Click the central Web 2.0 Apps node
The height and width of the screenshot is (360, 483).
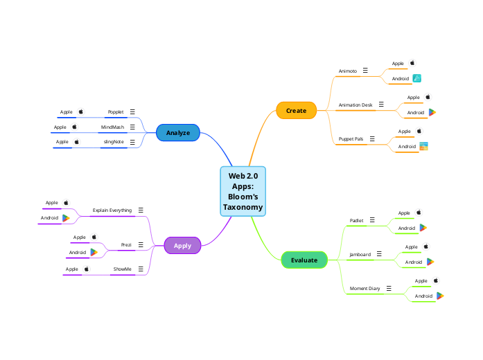tap(243, 191)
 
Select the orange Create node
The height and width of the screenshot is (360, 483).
tap(296, 111)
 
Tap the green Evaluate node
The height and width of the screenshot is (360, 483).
tap(304, 260)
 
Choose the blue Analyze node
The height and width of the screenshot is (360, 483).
tap(178, 132)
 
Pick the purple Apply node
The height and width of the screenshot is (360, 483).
tap(182, 245)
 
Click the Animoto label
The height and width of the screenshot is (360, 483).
tap(347, 71)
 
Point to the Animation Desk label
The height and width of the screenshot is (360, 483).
tap(355, 105)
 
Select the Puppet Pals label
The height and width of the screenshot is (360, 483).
tap(351, 139)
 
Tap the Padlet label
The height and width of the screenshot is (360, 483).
tap(356, 221)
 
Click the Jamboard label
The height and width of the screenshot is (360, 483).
tap(360, 255)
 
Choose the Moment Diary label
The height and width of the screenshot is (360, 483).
tap(365, 288)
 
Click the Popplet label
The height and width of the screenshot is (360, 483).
tap(115, 111)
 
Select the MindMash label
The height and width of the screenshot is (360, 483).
tap(112, 127)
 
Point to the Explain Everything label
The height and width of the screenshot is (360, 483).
tap(112, 210)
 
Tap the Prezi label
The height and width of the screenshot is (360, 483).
tap(126, 245)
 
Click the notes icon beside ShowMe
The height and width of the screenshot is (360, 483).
tap(141, 269)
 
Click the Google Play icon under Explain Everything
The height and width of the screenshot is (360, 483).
tap(66, 218)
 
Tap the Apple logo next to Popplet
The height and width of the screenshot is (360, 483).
tap(80, 111)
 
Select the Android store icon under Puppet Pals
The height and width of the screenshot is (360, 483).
tap(423, 147)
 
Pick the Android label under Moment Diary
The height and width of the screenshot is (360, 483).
tap(423, 296)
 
